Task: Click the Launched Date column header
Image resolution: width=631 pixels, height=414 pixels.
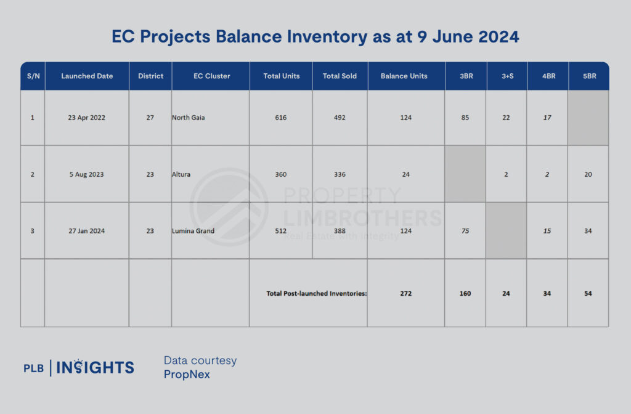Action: pyautogui.click(x=87, y=76)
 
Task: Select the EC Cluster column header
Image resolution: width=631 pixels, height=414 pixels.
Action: pyautogui.click(x=212, y=76)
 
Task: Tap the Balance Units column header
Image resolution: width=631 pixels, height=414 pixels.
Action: pyautogui.click(x=404, y=76)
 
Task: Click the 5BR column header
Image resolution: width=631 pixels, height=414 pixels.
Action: pyautogui.click(x=590, y=76)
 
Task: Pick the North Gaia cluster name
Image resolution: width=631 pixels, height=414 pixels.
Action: pyautogui.click(x=189, y=118)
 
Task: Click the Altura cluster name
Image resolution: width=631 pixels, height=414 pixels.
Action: pyautogui.click(x=181, y=174)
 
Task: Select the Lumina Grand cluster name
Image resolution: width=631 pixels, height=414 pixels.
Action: pyautogui.click(x=193, y=231)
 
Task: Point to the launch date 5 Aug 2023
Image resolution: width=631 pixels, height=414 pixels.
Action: pyautogui.click(x=86, y=174)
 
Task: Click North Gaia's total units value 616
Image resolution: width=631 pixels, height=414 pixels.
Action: pyautogui.click(x=281, y=118)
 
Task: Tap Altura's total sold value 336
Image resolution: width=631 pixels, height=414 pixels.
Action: pyautogui.click(x=340, y=174)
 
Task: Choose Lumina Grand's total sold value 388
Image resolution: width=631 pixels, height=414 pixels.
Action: pyautogui.click(x=340, y=231)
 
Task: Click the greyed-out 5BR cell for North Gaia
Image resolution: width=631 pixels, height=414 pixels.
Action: pyautogui.click(x=588, y=118)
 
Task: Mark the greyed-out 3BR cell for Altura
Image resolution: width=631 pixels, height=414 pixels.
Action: pyautogui.click(x=465, y=174)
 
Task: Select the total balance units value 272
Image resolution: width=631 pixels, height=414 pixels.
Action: pyautogui.click(x=406, y=293)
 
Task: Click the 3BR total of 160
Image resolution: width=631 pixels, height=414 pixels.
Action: pyautogui.click(x=465, y=293)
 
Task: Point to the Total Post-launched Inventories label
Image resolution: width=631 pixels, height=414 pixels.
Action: pyautogui.click(x=317, y=293)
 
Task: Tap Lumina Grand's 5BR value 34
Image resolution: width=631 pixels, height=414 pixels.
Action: pyautogui.click(x=588, y=231)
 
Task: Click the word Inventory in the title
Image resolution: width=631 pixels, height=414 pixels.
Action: pyautogui.click(x=327, y=36)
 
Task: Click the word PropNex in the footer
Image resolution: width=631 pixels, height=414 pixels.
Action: pyautogui.click(x=187, y=374)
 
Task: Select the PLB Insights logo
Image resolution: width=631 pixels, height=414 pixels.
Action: pyautogui.click(x=79, y=367)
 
